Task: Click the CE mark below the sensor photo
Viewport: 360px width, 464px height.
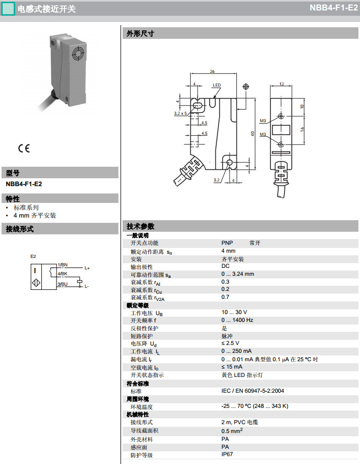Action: [x=24, y=148]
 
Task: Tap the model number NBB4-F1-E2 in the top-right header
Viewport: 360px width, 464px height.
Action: [x=334, y=8]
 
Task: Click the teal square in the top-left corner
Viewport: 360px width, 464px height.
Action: [x=8, y=8]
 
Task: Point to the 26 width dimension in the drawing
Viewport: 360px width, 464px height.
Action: [x=212, y=71]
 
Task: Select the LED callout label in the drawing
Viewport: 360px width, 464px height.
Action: [x=217, y=85]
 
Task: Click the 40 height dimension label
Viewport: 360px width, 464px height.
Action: [x=253, y=134]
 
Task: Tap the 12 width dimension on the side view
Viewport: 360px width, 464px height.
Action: [x=281, y=84]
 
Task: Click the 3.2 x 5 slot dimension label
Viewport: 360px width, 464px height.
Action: [x=180, y=113]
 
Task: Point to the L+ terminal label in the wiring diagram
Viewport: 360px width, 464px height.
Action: [x=87, y=268]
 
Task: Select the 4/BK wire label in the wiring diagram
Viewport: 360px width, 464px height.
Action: [x=62, y=274]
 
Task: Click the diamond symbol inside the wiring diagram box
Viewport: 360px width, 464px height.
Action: [x=36, y=283]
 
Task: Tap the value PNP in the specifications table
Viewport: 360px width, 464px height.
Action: [x=227, y=243]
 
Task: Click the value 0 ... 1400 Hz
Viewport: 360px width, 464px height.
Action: [x=237, y=320]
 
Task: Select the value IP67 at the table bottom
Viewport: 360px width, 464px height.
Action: [x=227, y=454]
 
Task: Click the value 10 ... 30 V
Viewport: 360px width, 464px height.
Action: [x=234, y=312]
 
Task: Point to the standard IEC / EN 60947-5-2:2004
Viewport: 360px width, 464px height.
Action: [x=253, y=391]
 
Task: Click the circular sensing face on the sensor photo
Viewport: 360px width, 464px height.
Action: [x=79, y=53]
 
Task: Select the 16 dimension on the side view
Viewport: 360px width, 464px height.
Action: [x=302, y=130]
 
